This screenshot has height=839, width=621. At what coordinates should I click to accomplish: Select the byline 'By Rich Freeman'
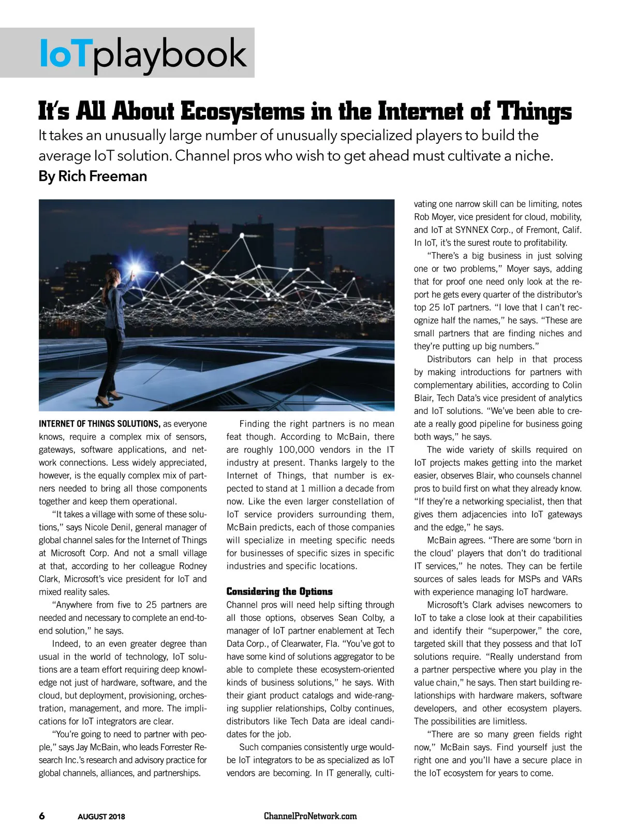pyautogui.click(x=93, y=176)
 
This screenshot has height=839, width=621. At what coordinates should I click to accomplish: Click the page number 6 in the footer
pyautogui.click(x=42, y=816)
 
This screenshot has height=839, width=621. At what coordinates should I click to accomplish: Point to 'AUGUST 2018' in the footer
pyautogui.click(x=101, y=817)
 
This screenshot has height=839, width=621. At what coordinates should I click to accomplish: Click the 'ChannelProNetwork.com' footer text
pyautogui.click(x=310, y=816)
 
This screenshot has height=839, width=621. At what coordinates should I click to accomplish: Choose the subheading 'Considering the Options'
pyautogui.click(x=279, y=592)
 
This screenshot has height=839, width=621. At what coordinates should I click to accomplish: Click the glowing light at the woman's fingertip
pyautogui.click(x=136, y=270)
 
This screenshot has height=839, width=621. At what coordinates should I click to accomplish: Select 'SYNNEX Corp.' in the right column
pyautogui.click(x=482, y=230)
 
